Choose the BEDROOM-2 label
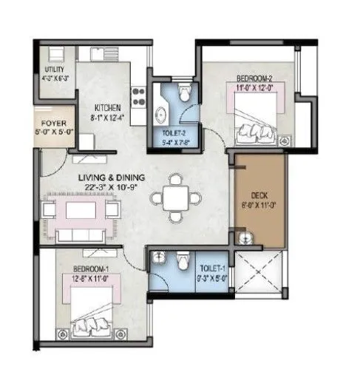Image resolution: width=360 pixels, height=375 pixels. pos(253,77)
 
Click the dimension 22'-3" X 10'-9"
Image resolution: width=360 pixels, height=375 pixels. pos(114,188)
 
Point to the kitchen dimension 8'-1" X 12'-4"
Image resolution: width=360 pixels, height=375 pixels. pos(101,115)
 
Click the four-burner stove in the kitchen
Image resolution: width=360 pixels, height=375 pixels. pos(137,95)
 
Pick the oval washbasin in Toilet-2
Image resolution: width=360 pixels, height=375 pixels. pos(161,113)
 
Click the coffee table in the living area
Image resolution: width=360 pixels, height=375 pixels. pos(78,211)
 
